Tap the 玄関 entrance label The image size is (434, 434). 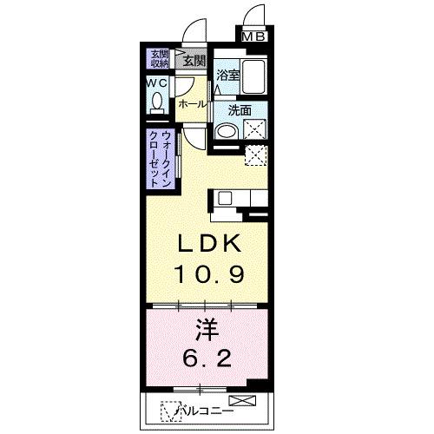[194, 60]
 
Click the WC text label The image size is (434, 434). [157, 82]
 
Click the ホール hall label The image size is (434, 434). [192, 104]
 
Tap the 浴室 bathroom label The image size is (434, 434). [227, 76]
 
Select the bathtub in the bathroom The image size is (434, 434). [254, 78]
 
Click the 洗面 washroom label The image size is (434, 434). [240, 110]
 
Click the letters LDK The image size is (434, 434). [208, 246]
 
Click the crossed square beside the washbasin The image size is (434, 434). [255, 131]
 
